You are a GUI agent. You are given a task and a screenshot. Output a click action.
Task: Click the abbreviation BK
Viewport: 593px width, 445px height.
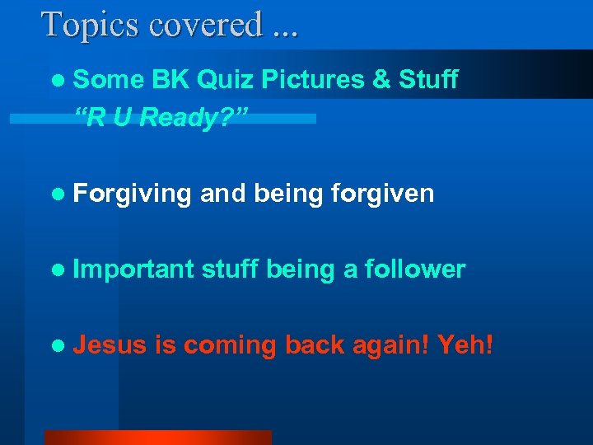click(170, 80)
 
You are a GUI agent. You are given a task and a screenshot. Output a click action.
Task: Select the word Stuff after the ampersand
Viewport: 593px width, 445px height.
click(429, 80)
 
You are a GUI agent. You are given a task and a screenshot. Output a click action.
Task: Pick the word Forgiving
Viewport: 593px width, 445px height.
click(132, 194)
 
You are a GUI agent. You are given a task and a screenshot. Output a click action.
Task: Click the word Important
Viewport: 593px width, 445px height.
click(134, 269)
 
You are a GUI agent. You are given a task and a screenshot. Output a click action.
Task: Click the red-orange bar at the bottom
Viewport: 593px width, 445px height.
click(157, 438)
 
